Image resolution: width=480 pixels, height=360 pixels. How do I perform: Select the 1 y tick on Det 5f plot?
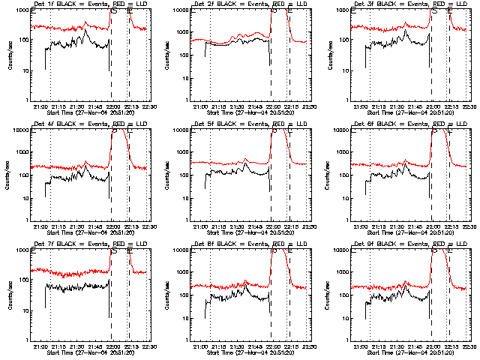[x=184, y=220]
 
